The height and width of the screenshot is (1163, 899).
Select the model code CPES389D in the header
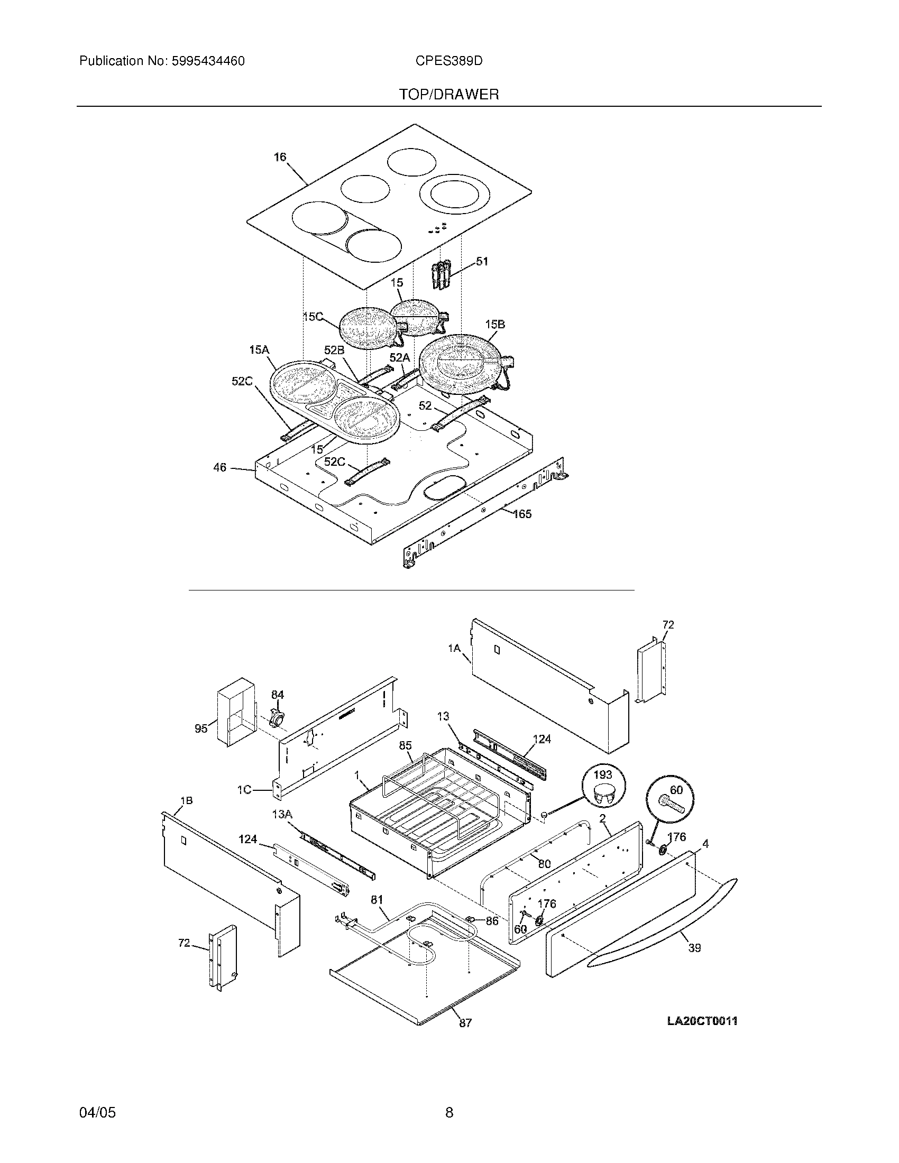click(x=449, y=61)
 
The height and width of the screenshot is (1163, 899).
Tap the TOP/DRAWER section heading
click(x=449, y=95)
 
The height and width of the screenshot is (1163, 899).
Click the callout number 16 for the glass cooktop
click(x=280, y=157)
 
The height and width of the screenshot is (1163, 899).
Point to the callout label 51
click(x=481, y=262)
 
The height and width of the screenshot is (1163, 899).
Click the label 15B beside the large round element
click(x=495, y=324)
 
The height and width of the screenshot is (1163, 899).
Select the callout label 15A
click(x=259, y=350)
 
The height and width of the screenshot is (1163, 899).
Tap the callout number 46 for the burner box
click(x=219, y=467)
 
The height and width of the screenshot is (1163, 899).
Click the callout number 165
click(x=522, y=514)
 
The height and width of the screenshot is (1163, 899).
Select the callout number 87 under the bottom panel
click(x=465, y=1023)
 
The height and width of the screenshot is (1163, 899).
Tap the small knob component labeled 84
click(x=278, y=717)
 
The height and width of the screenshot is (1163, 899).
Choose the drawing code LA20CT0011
click(x=702, y=1021)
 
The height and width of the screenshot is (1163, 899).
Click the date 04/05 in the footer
click(x=97, y=1112)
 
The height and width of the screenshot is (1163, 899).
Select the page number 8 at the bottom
click(x=449, y=1112)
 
